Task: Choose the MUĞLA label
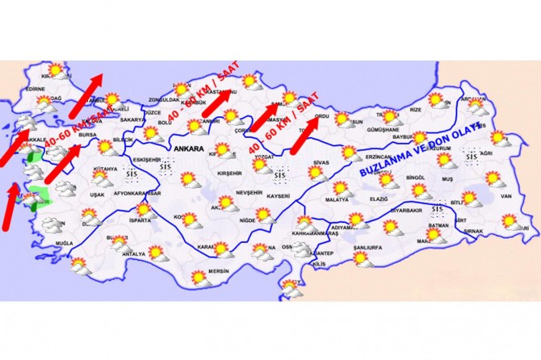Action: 64,243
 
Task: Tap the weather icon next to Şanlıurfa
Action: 359,257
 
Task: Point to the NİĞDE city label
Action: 241,220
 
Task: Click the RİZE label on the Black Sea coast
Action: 417,108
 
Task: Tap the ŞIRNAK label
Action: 473,231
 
